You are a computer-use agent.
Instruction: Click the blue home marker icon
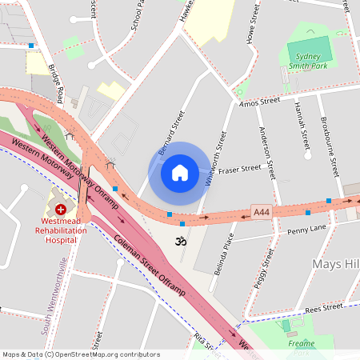(179, 172)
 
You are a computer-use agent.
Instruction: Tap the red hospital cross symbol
(60, 208)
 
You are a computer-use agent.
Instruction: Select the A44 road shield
(261, 211)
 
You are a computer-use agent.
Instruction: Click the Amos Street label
(259, 101)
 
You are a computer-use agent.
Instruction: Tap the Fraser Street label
(240, 170)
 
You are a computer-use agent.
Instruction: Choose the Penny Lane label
(306, 230)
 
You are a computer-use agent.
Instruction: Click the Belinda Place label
(225, 254)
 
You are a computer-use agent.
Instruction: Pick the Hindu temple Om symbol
(179, 241)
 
